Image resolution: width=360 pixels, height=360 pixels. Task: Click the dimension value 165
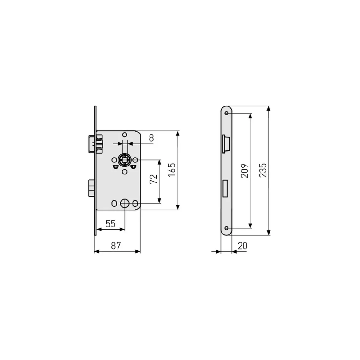click(172, 170)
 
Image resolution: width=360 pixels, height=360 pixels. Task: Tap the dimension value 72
click(154, 179)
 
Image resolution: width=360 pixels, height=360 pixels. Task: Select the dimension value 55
click(110, 224)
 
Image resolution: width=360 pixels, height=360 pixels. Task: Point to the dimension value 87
click(116, 246)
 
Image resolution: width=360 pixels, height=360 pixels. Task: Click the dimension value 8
click(151, 138)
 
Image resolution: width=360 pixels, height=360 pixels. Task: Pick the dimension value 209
click(245, 170)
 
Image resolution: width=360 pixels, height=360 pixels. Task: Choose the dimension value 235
click(263, 170)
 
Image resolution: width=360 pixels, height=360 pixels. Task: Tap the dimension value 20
click(242, 246)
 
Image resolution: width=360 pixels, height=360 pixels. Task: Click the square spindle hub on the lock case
click(125, 160)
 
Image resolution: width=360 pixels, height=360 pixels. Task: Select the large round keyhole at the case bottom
click(125, 203)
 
